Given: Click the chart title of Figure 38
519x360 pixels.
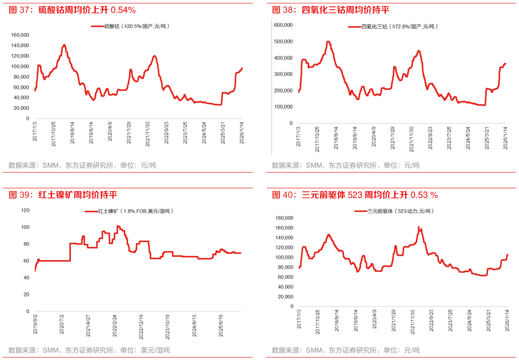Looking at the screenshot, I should tap(331, 10).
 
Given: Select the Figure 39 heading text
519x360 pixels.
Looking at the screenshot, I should tap(63, 195).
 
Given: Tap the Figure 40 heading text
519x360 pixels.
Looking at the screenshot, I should tap(355, 195).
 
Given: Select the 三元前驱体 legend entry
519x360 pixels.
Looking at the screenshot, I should tap(394, 211).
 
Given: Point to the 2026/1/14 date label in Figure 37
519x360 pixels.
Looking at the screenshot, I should tap(241, 133).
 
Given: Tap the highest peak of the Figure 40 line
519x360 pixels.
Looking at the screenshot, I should tap(419, 227).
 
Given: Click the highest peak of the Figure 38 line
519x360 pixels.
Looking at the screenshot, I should tap(328, 42).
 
